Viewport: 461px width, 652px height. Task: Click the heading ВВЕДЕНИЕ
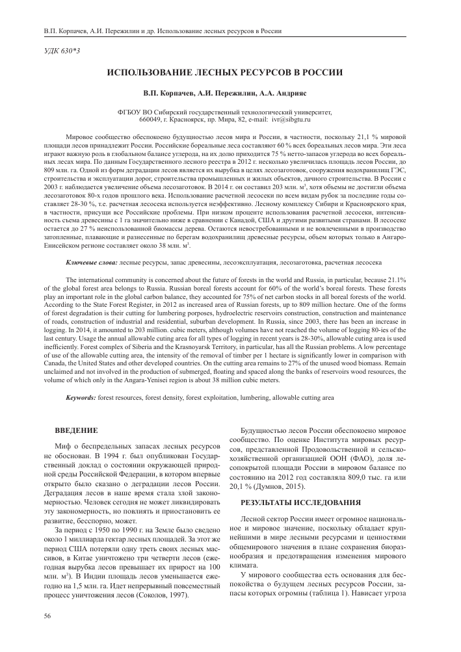click(76, 431)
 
